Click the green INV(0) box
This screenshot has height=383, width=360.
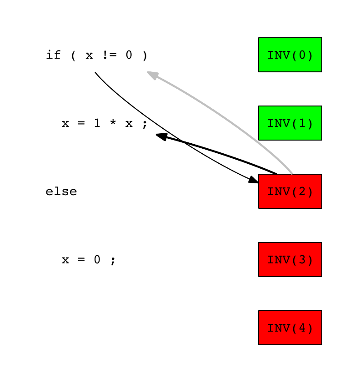(x=290, y=55)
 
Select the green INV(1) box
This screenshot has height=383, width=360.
(x=290, y=123)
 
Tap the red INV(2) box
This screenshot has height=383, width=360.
(x=290, y=191)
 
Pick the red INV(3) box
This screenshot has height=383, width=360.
(x=290, y=260)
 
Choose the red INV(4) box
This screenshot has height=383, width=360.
(x=290, y=328)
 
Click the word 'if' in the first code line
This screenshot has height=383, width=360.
(x=53, y=55)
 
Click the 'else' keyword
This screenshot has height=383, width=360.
(x=61, y=192)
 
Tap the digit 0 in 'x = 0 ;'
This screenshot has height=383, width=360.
(x=97, y=260)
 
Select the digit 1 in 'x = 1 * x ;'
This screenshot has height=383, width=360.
(x=97, y=123)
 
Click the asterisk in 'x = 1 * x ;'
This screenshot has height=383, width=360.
(x=113, y=123)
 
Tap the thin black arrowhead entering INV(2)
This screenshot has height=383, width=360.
(x=253, y=180)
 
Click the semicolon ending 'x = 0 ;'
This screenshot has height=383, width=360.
(x=113, y=261)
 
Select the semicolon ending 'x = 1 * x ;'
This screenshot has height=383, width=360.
(x=145, y=124)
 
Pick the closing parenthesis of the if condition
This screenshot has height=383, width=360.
(x=145, y=55)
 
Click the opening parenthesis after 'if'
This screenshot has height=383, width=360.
(x=73, y=55)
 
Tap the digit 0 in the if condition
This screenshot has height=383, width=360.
(x=129, y=55)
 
